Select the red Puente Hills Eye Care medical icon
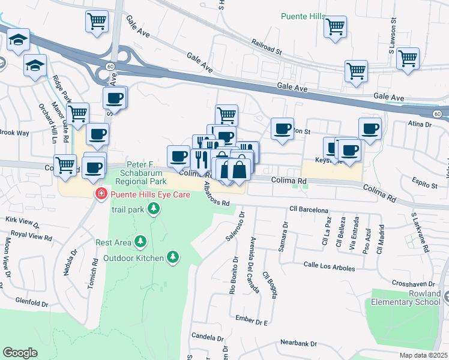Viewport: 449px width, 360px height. click(x=101, y=194)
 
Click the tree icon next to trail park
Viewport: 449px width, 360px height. click(x=154, y=208)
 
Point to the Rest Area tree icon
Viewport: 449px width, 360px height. click(x=140, y=241)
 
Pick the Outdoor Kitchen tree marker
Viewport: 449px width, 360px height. click(x=173, y=257)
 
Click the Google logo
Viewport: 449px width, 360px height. click(x=20, y=353)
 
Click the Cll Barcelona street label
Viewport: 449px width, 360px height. click(x=309, y=211)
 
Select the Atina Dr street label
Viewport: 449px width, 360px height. click(x=420, y=124)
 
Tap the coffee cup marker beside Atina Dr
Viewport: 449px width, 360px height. click(x=370, y=128)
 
